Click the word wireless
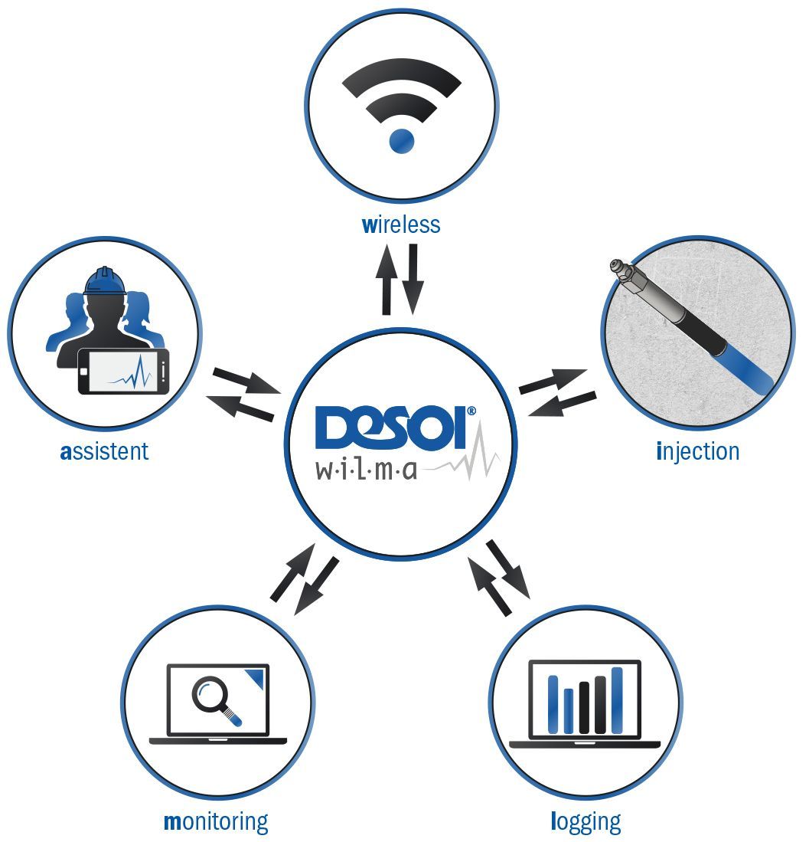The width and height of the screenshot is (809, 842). [x=400, y=224]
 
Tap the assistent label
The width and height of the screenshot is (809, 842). [x=104, y=450]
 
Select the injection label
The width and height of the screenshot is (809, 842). [x=698, y=450]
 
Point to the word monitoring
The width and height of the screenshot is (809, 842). [x=216, y=822]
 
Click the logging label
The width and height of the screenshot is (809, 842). [x=586, y=822]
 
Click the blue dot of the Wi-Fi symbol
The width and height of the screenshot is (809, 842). [x=402, y=140]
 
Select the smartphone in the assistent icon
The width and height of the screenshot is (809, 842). [x=123, y=371]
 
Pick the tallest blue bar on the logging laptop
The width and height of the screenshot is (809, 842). [x=617, y=699]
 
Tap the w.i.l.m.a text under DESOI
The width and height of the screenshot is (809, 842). [x=367, y=469]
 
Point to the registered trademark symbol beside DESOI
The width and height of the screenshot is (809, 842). [x=471, y=411]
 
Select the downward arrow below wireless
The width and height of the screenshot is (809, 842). [x=413, y=280]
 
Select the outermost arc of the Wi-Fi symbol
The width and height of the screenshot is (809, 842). [x=402, y=73]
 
